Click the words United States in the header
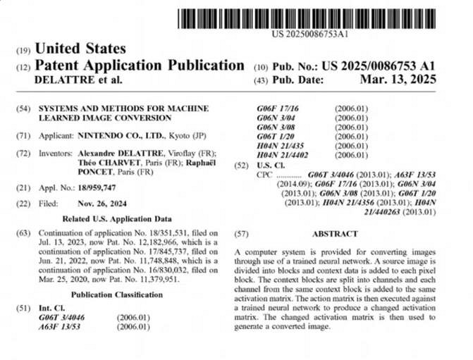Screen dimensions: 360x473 pos(80,49)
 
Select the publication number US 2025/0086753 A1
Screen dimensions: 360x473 pos(378,66)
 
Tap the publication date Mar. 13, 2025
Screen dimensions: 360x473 pos(398,79)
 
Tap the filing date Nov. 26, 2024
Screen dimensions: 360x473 pos(100,203)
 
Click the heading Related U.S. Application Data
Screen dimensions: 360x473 pos(117,218)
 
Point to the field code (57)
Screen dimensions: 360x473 pos(241,232)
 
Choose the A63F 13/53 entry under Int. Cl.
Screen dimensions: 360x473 pos(59,327)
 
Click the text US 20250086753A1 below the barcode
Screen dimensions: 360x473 pos(310,32)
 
